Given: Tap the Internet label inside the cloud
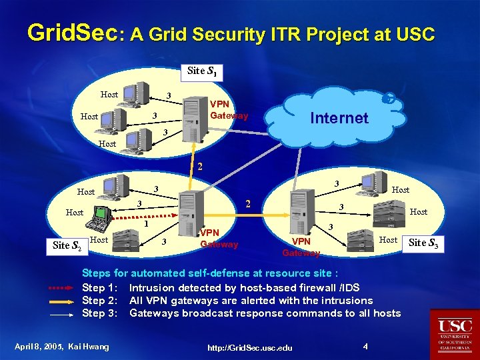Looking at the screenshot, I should click(x=339, y=118).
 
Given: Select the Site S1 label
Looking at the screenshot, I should click(x=201, y=71).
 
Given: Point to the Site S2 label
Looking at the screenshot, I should click(x=67, y=245).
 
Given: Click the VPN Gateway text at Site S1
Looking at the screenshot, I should click(x=229, y=110).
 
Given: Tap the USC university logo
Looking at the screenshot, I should click(x=455, y=333).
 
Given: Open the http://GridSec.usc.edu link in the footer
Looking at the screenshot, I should click(x=249, y=348).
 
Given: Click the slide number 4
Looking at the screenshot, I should click(x=365, y=346).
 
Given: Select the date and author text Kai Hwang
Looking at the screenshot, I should click(x=61, y=346).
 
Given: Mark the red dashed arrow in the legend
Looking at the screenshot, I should click(x=63, y=288).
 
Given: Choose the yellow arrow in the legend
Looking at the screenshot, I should click(x=63, y=301).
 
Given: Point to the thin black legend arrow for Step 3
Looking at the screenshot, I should click(x=63, y=313).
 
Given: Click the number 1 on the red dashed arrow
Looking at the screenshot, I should click(x=146, y=223).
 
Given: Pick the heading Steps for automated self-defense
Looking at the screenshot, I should click(x=209, y=273).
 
